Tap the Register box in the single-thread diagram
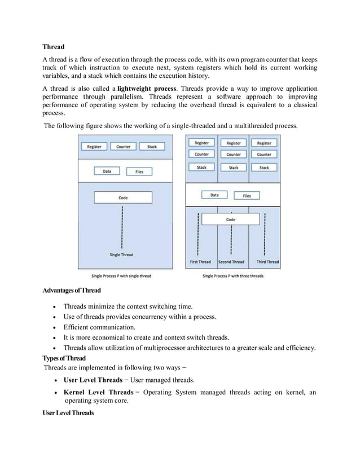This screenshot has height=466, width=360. click(94, 147)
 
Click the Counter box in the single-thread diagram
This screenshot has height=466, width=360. click(123, 147)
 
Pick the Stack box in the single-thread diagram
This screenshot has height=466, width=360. click(152, 147)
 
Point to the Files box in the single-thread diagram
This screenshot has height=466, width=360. click(139, 172)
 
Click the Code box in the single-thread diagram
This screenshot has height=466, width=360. click(122, 198)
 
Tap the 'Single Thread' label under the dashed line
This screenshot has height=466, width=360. click(121, 254)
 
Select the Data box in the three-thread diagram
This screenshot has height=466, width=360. click(214, 196)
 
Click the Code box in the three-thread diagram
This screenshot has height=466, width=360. click(231, 219)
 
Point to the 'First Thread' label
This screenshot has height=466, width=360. click(200, 262)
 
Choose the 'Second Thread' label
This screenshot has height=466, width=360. click(231, 262)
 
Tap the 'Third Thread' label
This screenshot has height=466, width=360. click(267, 262)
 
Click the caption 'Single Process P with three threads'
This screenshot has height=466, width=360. click(233, 276)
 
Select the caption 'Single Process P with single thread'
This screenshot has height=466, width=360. click(121, 276)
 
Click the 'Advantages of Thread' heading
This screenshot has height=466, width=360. click(71, 291)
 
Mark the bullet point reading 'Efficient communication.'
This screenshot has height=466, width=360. click(99, 327)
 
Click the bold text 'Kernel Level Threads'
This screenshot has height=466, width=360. click(98, 392)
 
